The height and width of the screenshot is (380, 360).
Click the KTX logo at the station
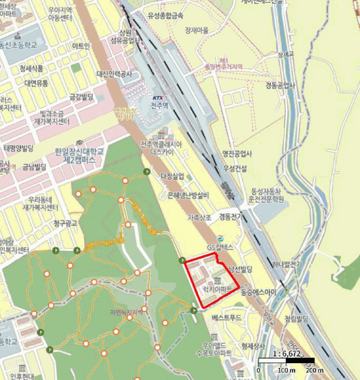coord(159,98)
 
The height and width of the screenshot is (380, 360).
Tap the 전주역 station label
coord(159,105)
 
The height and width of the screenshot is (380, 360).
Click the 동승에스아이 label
coord(258,292)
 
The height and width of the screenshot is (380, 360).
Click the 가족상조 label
coord(201,217)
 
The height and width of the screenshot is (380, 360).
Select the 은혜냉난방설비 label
coord(188,195)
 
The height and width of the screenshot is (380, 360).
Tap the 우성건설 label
coord(234,169)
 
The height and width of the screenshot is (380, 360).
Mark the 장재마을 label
coord(197,30)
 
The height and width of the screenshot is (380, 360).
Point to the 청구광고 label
coord(66,223)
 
